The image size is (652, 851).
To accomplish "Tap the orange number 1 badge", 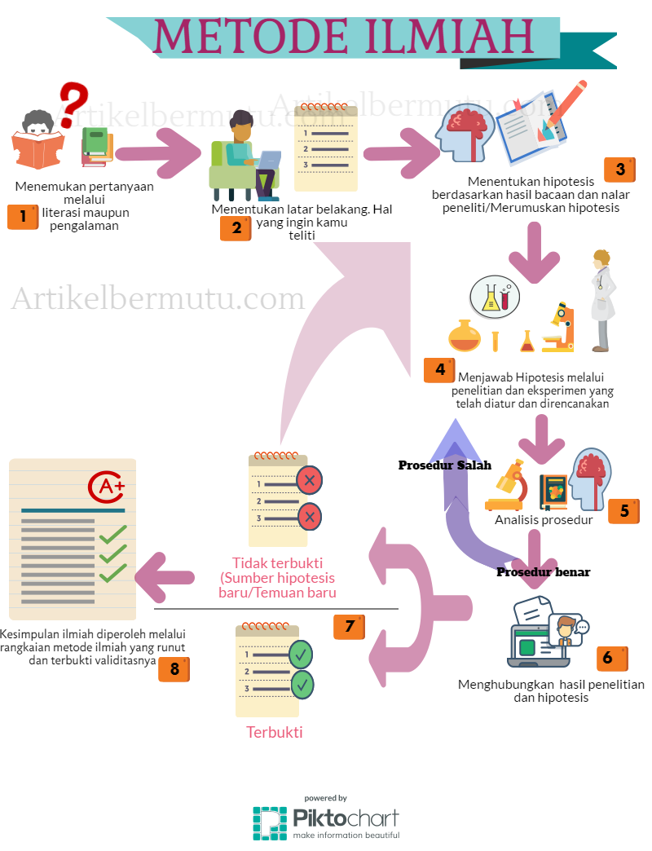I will pos(23,217).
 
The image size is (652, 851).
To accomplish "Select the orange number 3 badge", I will pos(619,170).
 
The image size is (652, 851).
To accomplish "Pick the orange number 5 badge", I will pos(623,511).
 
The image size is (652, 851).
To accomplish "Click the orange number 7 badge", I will pos(349,626).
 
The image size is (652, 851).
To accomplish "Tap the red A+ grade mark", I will pos(107,487).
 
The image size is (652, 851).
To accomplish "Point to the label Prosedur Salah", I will pos(444,465).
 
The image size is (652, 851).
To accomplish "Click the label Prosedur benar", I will pos(543,572).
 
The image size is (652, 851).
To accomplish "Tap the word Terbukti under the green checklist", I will pos(275,732).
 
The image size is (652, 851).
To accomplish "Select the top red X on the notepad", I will pos(309,480).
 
